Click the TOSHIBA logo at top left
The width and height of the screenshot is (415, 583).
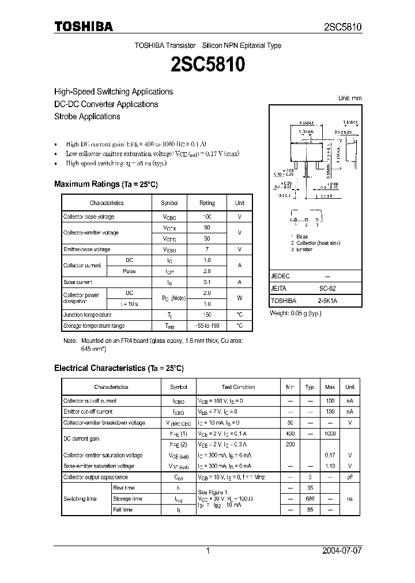coord(84,26)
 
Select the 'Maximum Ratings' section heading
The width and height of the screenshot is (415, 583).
coord(105,184)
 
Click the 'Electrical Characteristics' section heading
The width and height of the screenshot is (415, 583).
coord(119,368)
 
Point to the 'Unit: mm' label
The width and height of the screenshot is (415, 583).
coord(350,98)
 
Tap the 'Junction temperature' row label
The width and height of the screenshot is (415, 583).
coord(88,315)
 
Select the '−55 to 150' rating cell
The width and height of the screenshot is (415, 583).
coord(207,326)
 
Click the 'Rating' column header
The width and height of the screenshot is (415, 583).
coord(207,203)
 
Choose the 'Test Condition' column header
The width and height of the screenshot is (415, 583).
coord(238,387)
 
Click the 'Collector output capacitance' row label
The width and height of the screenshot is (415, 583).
coord(96,478)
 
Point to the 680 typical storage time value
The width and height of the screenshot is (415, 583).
coord(310,499)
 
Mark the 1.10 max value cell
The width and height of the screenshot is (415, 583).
coord(330,466)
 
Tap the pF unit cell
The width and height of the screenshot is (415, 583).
coord(350,478)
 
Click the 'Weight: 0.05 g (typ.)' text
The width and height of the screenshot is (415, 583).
coord(296,313)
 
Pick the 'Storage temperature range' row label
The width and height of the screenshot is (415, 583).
coord(94,326)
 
